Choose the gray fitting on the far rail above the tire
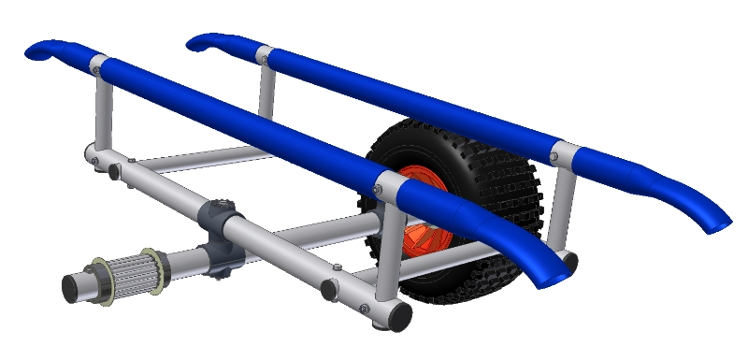click(566, 153)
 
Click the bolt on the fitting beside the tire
click(377, 191)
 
